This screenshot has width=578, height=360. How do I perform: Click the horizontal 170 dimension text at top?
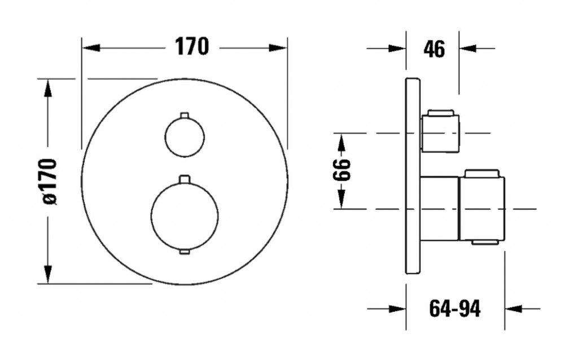pyautogui.click(x=191, y=46)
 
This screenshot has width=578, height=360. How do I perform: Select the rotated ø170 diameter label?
pyautogui.click(x=50, y=181)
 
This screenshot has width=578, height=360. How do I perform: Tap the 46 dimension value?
pyautogui.click(x=434, y=49)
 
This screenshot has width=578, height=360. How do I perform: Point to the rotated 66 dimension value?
pyautogui.click(x=341, y=170)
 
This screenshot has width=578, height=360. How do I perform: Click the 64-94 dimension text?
pyautogui.click(x=455, y=309)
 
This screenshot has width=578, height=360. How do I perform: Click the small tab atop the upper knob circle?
pyautogui.click(x=185, y=115)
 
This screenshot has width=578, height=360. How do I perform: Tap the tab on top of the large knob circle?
pyautogui.click(x=185, y=179)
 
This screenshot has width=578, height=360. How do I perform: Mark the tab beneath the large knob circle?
pyautogui.click(x=185, y=252)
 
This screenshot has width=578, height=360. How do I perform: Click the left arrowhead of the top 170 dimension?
pyautogui.click(x=91, y=48)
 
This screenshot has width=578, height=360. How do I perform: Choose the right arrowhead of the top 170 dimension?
pyautogui.click(x=278, y=48)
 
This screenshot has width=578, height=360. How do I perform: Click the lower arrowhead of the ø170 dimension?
pyautogui.click(x=47, y=275)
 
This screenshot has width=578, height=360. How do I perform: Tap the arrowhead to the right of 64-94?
pyautogui.click(x=514, y=309)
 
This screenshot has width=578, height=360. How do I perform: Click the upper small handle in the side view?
pyautogui.click(x=440, y=131)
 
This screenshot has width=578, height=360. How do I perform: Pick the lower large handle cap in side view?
pyautogui.click(x=482, y=207)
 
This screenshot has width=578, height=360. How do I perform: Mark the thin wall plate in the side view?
pyautogui.click(x=413, y=175)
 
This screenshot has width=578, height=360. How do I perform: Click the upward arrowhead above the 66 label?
pyautogui.click(x=341, y=143)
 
